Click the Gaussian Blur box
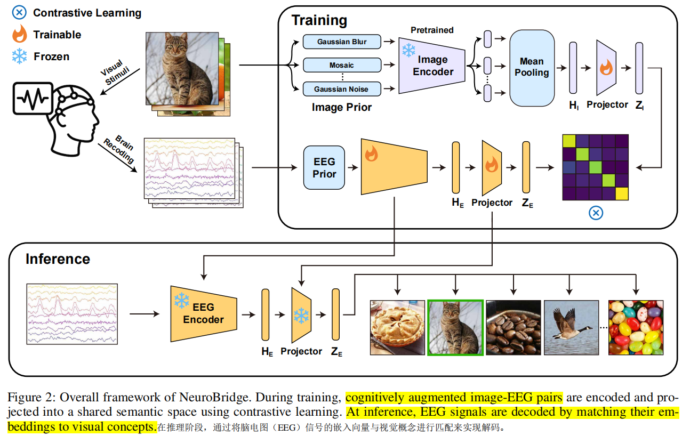(x=342, y=42)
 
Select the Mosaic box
(x=342, y=65)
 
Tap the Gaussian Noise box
(x=342, y=88)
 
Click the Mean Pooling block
(x=532, y=68)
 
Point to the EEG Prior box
(x=324, y=167)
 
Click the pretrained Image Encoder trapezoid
(x=432, y=66)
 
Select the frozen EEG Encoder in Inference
(x=203, y=313)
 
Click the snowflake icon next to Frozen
(x=19, y=56)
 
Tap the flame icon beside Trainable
(x=19, y=35)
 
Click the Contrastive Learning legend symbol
(x=19, y=13)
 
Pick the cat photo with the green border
(x=455, y=327)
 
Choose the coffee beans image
(x=513, y=327)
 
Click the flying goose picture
(x=571, y=327)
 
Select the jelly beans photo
(x=636, y=327)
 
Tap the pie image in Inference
(x=397, y=327)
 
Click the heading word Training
(x=319, y=21)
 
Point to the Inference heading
(x=58, y=259)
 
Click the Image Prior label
(x=342, y=107)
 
